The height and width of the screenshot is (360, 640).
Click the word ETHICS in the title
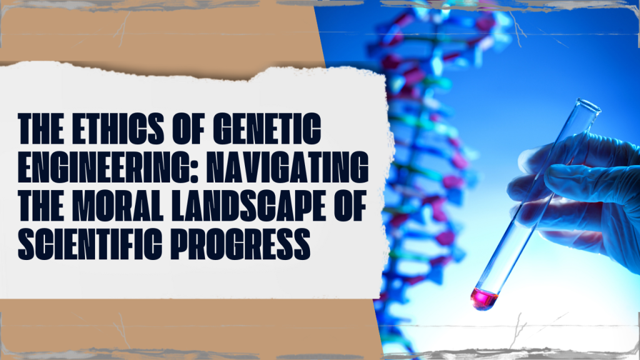pyautogui.click(x=118, y=129)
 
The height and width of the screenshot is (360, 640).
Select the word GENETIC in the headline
pyautogui.click(x=267, y=129)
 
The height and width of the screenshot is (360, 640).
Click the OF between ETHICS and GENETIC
pyautogui.click(x=188, y=129)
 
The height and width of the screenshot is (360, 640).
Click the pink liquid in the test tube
pyautogui.click(x=484, y=298)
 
